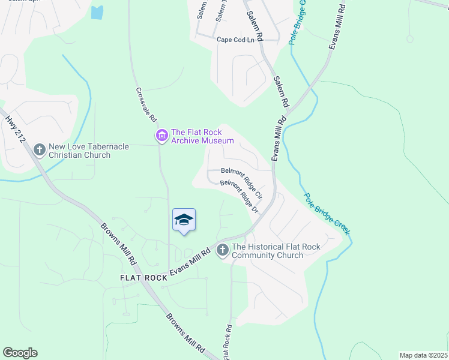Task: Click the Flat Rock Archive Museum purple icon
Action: pyautogui.click(x=161, y=136)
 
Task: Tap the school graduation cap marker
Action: pyautogui.click(x=184, y=221)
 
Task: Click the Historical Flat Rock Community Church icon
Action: pyautogui.click(x=223, y=250)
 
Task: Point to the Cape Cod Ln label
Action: pyautogui.click(x=235, y=40)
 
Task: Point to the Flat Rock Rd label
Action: pyautogui.click(x=228, y=342)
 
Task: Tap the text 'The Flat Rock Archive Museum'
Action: pyautogui.click(x=202, y=136)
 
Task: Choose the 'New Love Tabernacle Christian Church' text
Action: pyautogui.click(x=80, y=151)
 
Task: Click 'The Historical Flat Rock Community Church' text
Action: pyautogui.click(x=276, y=251)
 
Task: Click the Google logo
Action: pyautogui.click(x=20, y=353)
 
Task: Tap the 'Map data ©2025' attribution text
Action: pyautogui.click(x=423, y=355)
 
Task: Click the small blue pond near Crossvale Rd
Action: pyautogui.click(x=97, y=11)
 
